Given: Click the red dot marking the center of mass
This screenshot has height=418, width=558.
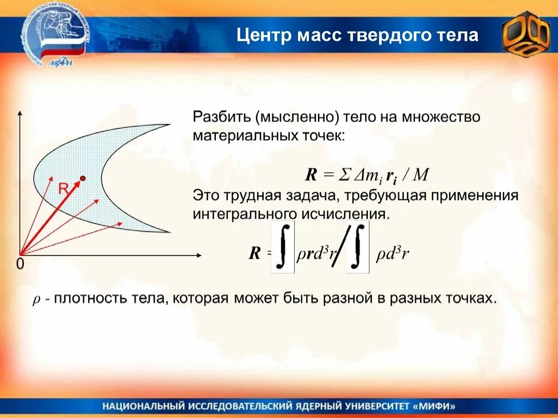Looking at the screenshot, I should (83, 178).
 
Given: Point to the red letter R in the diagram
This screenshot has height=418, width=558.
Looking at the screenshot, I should (63, 189).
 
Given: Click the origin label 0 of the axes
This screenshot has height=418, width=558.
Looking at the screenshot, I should (20, 264).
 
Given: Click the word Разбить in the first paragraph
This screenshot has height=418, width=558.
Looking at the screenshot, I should (220, 118).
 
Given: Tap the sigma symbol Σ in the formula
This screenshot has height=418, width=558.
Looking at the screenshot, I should (344, 175).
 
